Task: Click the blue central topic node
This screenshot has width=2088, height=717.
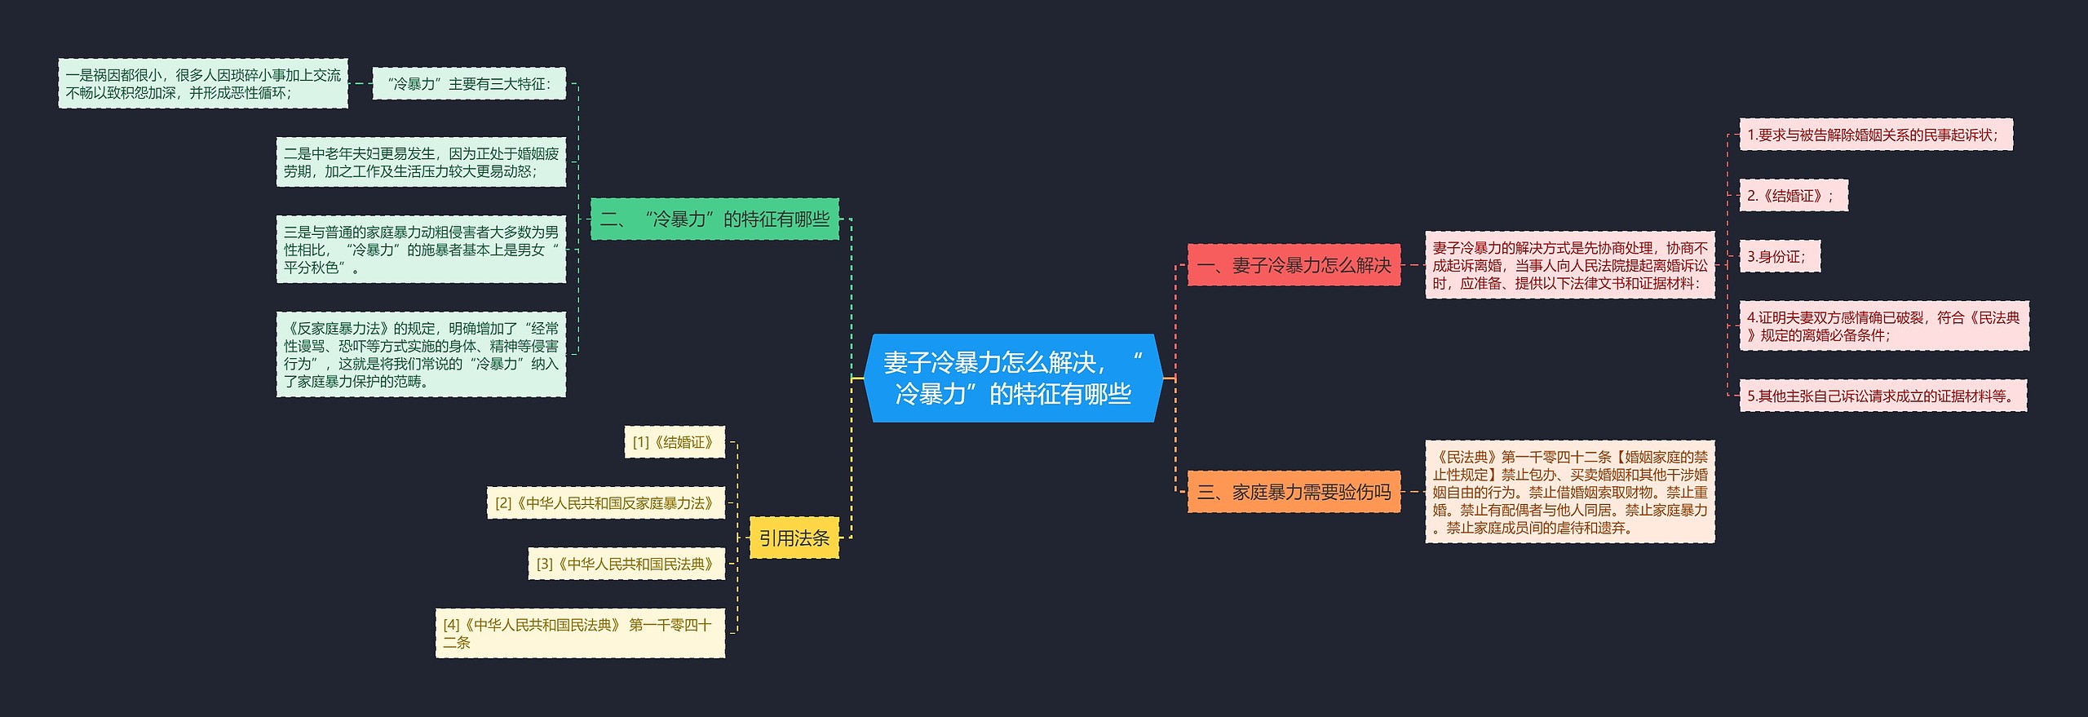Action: pos(1013,378)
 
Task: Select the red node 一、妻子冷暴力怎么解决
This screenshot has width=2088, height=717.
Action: pos(1294,265)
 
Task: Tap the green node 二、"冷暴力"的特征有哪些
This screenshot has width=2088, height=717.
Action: pos(714,219)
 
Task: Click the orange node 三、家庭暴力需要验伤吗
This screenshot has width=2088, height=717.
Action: pos(1294,492)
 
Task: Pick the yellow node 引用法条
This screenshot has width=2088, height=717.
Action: pos(794,538)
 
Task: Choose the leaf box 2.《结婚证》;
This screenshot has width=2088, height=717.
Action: pos(1793,196)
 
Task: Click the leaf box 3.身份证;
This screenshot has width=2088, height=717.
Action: pos(1779,257)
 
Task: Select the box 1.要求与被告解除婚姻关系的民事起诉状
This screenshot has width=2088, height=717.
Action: pos(1875,135)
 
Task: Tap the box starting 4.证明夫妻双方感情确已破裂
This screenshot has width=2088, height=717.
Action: pos(1883,326)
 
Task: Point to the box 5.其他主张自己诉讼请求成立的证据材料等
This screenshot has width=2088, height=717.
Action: pos(1882,396)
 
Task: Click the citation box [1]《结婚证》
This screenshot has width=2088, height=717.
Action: pos(675,442)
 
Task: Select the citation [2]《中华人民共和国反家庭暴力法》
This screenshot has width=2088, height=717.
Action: pos(606,503)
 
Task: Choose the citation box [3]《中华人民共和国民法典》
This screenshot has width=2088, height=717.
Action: pos(626,564)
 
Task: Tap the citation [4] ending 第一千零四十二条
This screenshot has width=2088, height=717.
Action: pos(580,633)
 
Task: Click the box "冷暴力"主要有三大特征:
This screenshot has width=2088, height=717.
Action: pos(469,84)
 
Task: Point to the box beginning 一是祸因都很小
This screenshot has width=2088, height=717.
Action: pos(203,84)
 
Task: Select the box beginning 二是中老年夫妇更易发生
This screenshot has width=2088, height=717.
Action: pos(421,162)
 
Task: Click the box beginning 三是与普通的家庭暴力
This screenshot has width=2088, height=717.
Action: pos(421,250)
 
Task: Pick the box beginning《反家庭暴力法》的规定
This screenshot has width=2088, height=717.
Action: pos(421,355)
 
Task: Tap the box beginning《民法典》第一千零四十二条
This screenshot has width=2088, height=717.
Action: pos(1570,492)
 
